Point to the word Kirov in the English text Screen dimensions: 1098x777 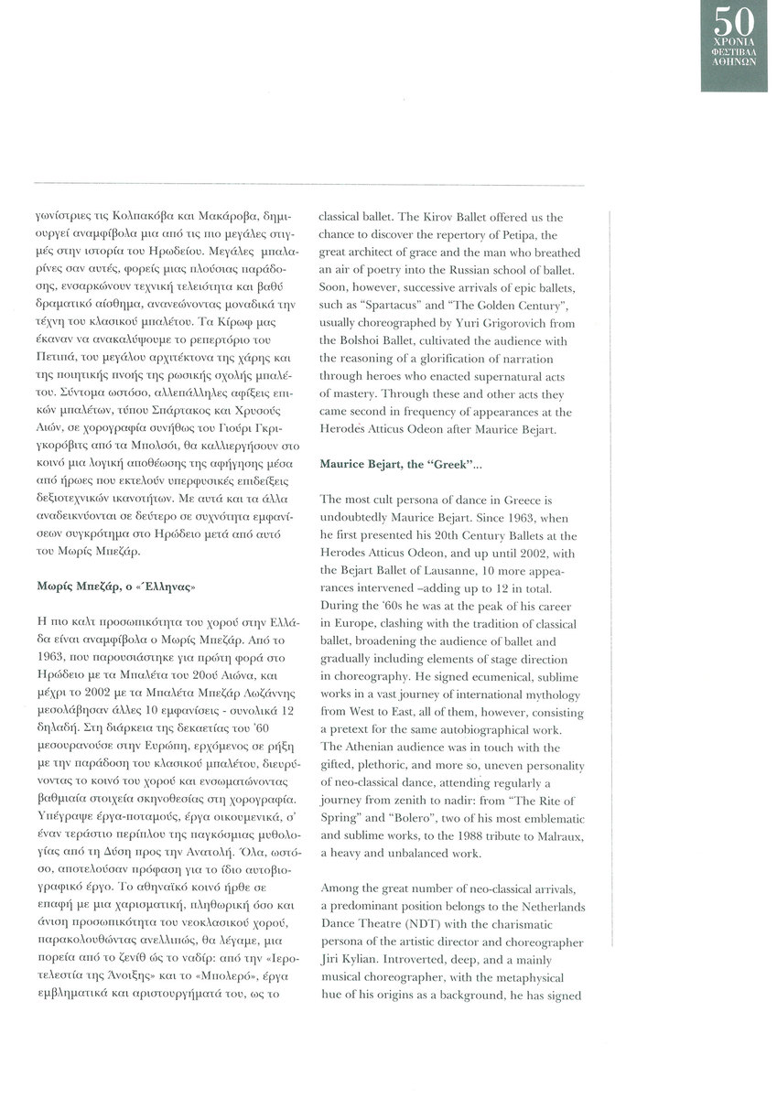pyautogui.click(x=431, y=217)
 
